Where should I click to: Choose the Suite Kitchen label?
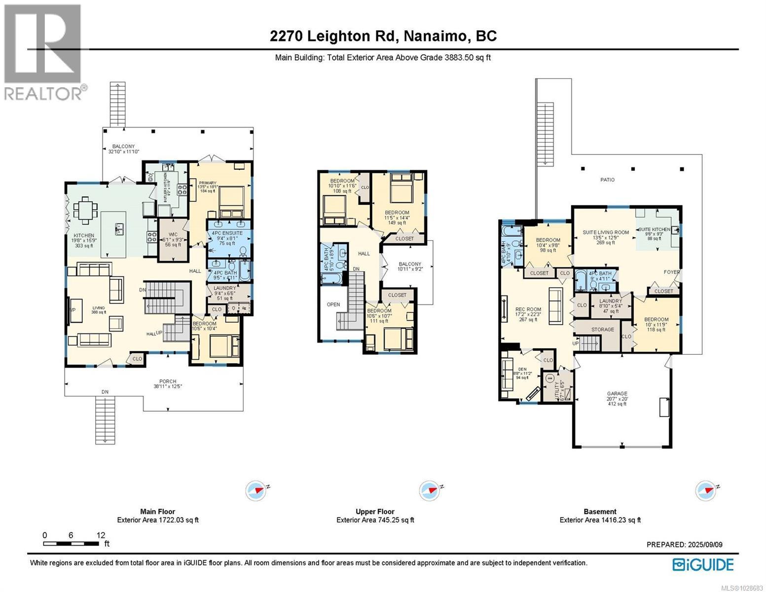click(x=654, y=229)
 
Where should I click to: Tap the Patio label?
click(x=607, y=180)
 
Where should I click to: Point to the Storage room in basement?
click(x=602, y=329)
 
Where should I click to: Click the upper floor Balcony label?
click(x=409, y=264)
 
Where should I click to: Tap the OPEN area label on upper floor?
click(x=333, y=304)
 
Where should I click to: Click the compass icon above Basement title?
click(x=705, y=491)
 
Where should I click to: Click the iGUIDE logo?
click(x=703, y=564)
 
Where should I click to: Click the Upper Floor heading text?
click(x=375, y=512)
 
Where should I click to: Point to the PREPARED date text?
click(x=684, y=545)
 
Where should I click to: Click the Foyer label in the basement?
click(x=671, y=272)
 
